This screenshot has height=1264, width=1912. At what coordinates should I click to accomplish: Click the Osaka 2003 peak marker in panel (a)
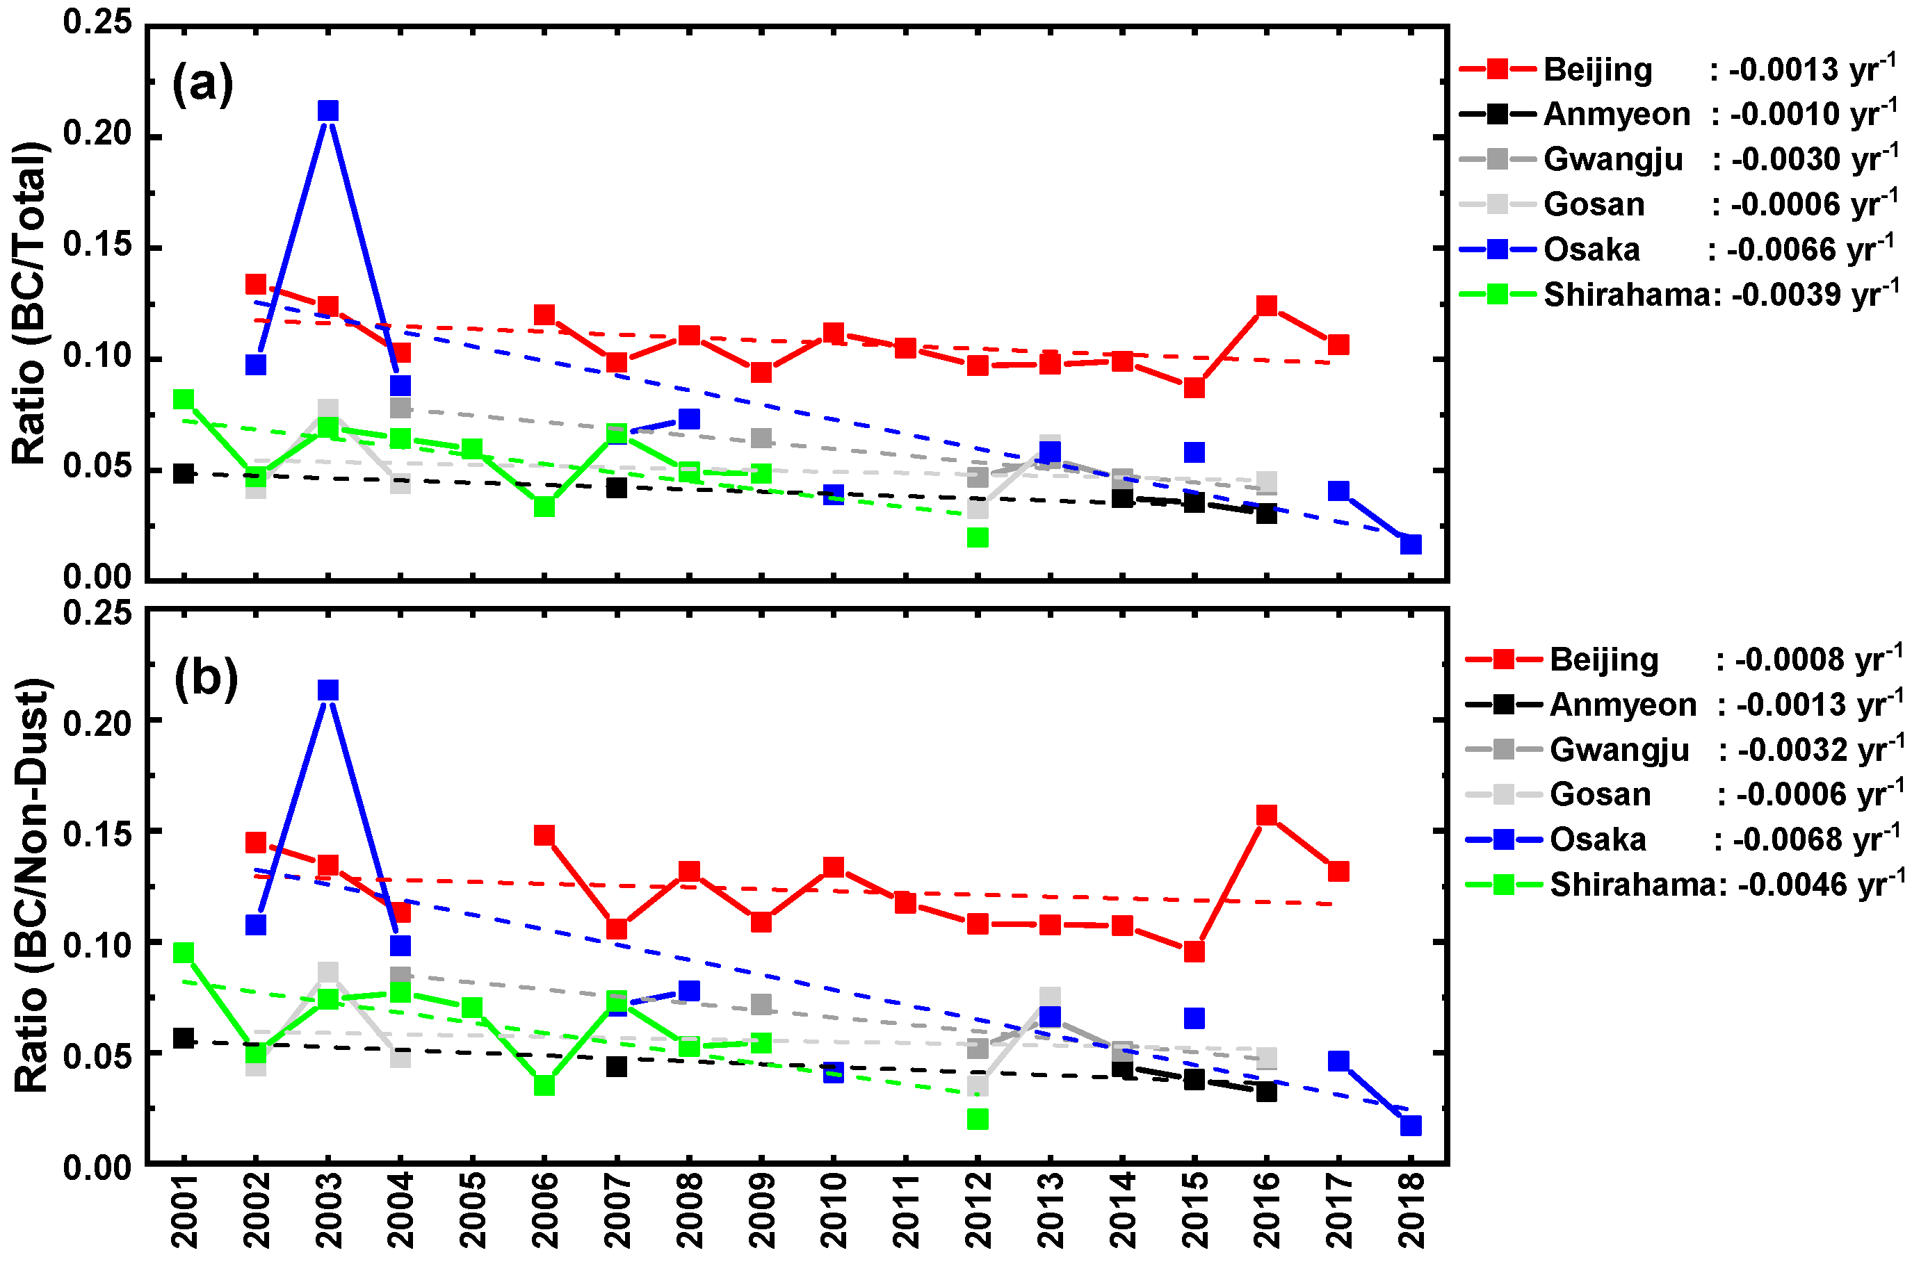tap(327, 110)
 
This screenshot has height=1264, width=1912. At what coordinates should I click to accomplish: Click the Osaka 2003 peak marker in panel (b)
tap(327, 690)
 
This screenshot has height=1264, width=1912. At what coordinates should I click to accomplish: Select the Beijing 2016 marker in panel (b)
tap(1266, 815)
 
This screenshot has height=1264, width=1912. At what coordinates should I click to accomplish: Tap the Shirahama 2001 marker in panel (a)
tap(184, 399)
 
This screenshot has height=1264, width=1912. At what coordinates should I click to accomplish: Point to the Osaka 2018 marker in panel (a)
tap(1411, 544)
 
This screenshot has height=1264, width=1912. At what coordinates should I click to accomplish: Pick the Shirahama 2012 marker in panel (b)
tap(978, 1119)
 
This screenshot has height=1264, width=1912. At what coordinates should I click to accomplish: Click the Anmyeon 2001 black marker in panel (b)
tap(184, 1038)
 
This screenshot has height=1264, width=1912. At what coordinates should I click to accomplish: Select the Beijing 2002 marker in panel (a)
tap(256, 284)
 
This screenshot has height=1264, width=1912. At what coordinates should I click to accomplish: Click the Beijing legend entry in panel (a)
tap(1596, 69)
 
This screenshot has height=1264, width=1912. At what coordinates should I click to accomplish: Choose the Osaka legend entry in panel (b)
tap(1596, 840)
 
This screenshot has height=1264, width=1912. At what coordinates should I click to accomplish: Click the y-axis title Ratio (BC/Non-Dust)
tap(32, 885)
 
